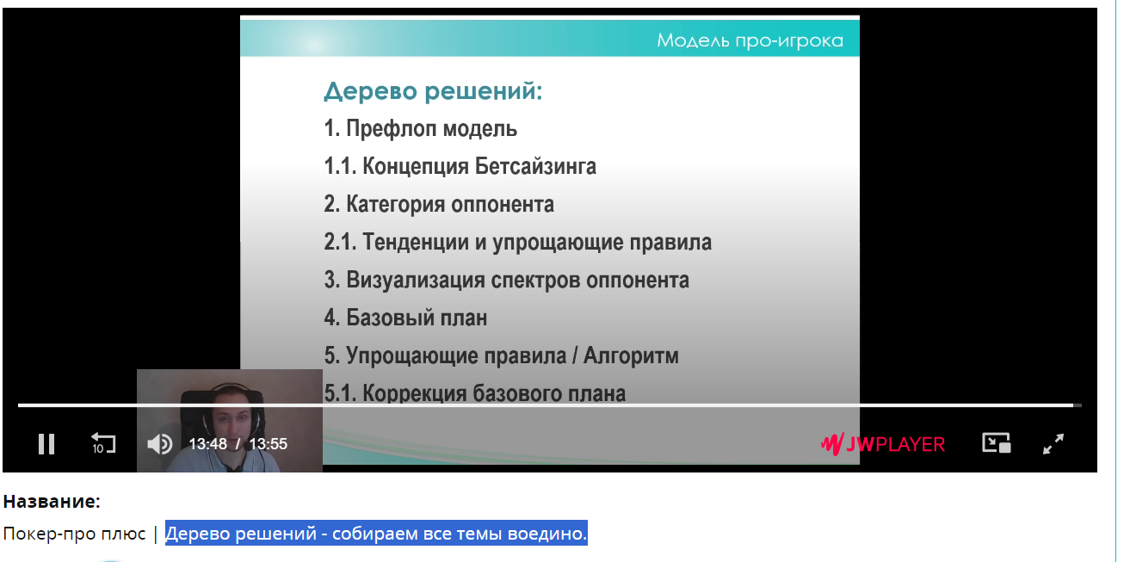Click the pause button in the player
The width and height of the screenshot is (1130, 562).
pos(46,444)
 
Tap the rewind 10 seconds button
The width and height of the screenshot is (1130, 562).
pos(103,443)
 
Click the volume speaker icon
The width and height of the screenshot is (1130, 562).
pos(160,444)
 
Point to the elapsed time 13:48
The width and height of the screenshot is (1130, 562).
pos(207,444)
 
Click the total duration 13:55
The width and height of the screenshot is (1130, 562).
pos(268,444)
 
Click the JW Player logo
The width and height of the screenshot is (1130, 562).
pos(883,444)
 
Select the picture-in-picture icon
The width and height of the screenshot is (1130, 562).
pos(997,443)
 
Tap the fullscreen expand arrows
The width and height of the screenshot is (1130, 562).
pos(1053,444)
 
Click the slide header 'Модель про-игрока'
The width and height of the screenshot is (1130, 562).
pos(750,40)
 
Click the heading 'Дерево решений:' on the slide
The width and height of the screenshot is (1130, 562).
pos(433,91)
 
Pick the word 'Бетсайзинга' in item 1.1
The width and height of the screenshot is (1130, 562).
pos(535,166)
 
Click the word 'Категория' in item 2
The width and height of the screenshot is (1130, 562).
pos(396,204)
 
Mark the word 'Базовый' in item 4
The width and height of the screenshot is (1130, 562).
pos(390,318)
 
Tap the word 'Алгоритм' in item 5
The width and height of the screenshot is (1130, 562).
pos(631,355)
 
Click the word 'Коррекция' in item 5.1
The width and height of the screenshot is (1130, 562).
pos(414,393)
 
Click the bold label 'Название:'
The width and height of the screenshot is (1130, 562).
pos(52,502)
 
